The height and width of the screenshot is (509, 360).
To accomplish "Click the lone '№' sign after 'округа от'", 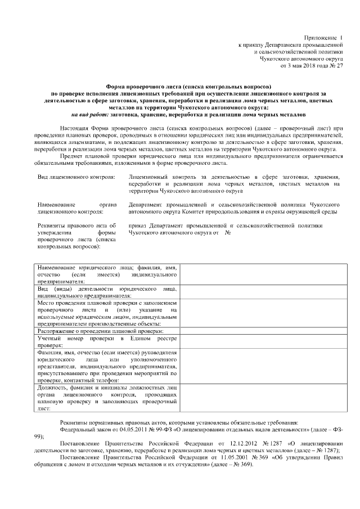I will [228, 232].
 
